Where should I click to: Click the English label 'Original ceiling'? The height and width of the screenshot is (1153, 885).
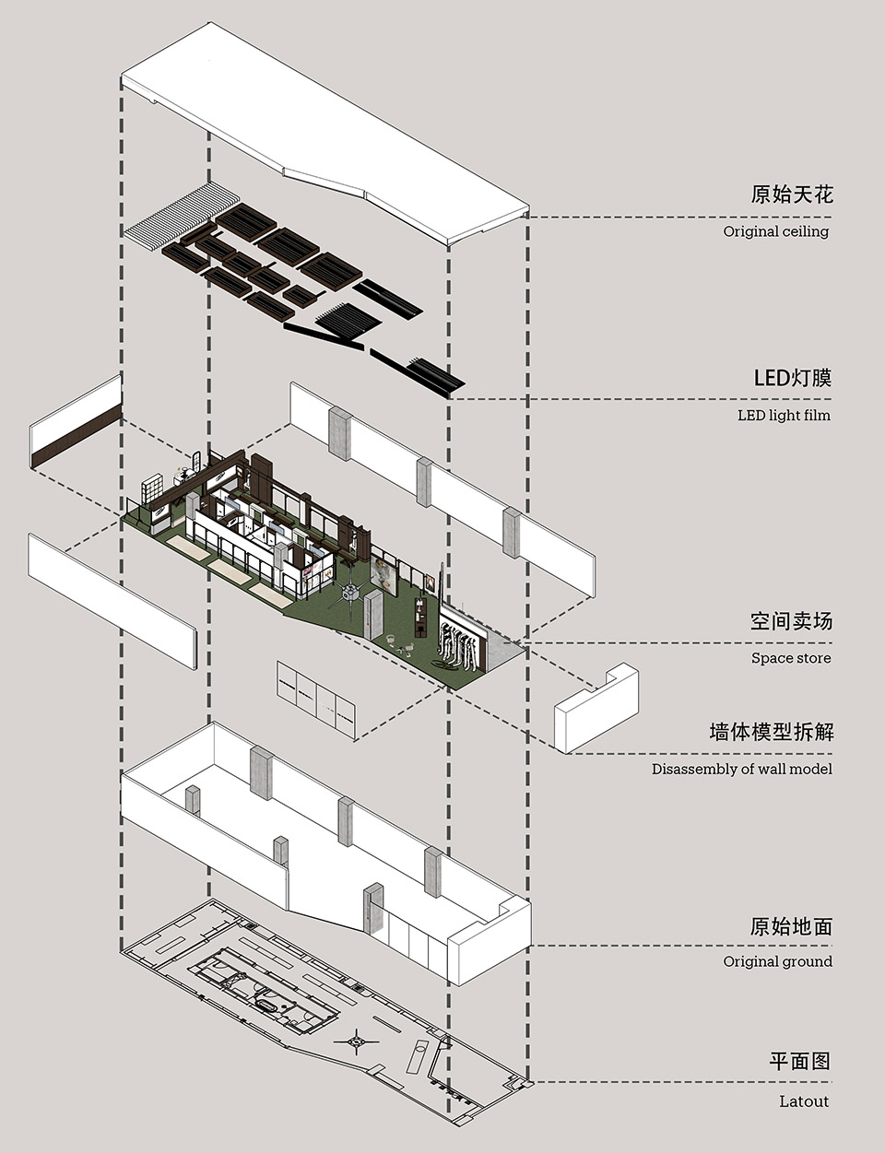pos(775,231)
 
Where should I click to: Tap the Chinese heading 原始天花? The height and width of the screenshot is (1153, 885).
pos(791,194)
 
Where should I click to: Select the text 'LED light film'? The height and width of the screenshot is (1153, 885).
pos(784,416)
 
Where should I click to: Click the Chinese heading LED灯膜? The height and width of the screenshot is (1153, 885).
pos(792,378)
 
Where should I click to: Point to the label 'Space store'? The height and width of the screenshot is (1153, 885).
pos(790,658)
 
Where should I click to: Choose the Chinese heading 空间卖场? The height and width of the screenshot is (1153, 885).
pos(791,621)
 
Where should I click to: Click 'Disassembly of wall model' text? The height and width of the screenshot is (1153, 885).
pos(741,769)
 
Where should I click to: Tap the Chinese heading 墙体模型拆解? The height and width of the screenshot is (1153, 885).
pos(771,732)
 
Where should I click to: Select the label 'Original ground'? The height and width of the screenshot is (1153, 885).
pos(777,961)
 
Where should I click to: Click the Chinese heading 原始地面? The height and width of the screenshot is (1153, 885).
pos(791,926)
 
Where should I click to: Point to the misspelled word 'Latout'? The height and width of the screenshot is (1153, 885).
pos(803,1101)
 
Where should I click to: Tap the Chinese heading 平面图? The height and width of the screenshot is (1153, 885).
pos(800,1062)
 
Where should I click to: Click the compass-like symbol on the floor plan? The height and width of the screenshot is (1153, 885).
pos(357,1042)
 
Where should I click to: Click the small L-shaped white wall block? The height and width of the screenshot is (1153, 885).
pos(596,709)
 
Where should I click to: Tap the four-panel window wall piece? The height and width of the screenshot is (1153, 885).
pos(316,699)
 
